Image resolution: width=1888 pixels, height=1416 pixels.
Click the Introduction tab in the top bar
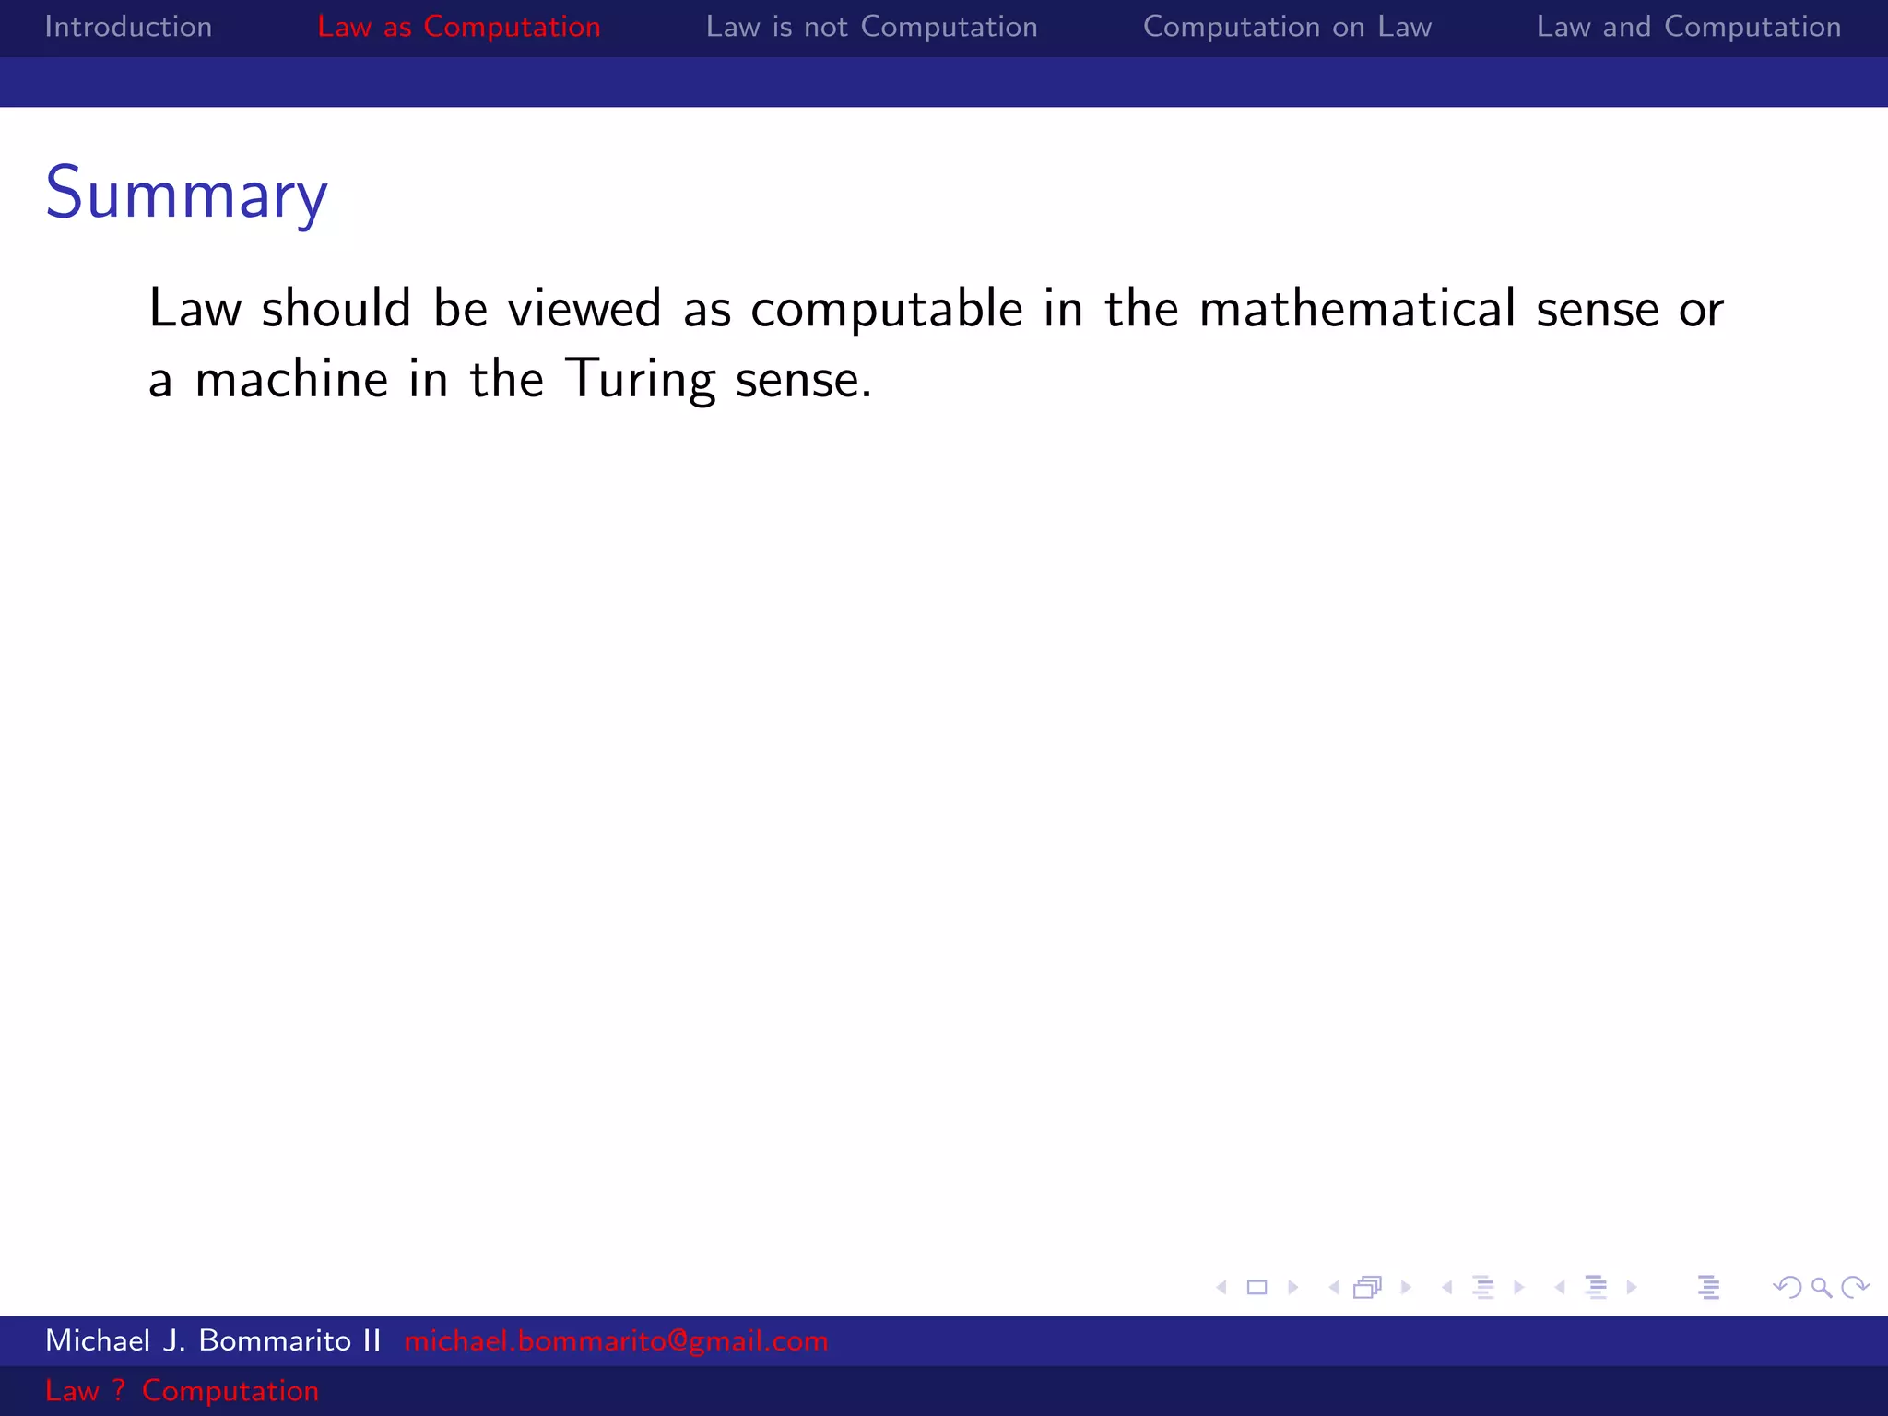click(x=128, y=27)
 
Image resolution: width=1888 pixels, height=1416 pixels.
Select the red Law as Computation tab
click(x=458, y=27)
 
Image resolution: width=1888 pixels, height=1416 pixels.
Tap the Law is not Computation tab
click(x=871, y=27)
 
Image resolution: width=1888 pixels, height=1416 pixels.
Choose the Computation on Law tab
click(x=1287, y=27)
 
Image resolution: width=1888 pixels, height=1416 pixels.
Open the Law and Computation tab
click(x=1688, y=27)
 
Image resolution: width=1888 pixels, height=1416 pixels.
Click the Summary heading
click(x=186, y=195)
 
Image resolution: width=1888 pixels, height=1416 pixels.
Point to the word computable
click(x=886, y=309)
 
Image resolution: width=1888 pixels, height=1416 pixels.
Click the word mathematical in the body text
click(x=1357, y=309)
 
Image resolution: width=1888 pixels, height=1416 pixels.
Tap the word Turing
click(x=641, y=380)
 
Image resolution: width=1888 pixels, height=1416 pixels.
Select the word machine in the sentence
click(x=291, y=380)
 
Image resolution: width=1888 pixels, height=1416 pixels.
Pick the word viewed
click(x=584, y=309)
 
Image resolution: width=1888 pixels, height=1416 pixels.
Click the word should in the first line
click(x=336, y=309)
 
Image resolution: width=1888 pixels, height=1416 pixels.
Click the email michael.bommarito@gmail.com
click(x=616, y=1340)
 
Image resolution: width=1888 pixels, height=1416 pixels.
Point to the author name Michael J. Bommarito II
click(x=213, y=1340)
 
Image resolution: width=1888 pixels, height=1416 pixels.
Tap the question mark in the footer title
click(x=119, y=1390)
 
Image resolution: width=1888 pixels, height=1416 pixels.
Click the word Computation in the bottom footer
click(x=230, y=1390)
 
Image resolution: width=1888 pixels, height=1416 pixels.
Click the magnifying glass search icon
click(x=1821, y=1287)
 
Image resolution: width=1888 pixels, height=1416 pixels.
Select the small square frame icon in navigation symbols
click(x=1257, y=1287)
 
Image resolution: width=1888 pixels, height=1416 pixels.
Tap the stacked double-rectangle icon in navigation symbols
click(x=1368, y=1287)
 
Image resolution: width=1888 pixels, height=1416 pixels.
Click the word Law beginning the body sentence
click(x=195, y=309)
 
